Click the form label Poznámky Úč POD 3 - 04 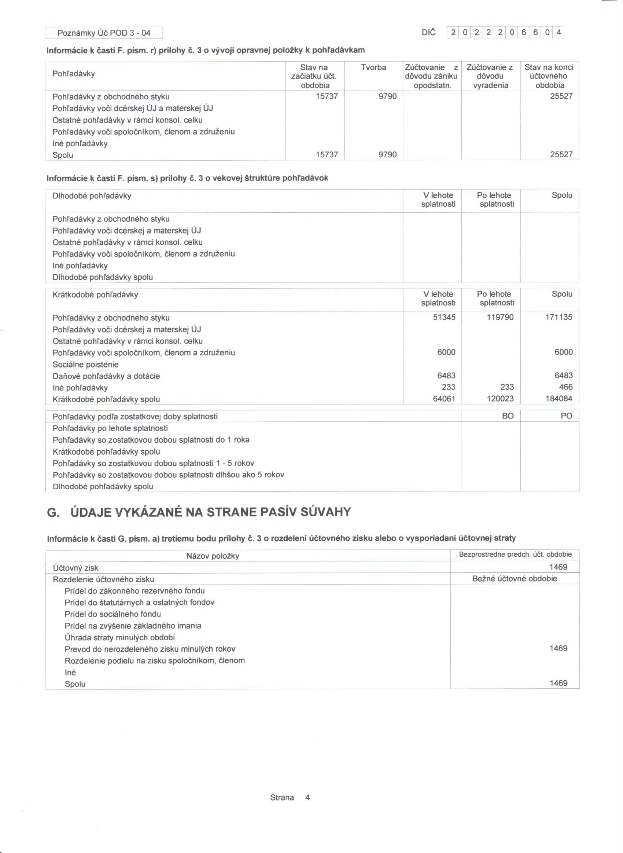[x=104, y=33]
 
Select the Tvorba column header [x=373, y=67]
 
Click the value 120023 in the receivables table [x=500, y=399]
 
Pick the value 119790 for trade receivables [x=500, y=317]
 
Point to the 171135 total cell [x=559, y=317]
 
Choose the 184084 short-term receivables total [x=559, y=399]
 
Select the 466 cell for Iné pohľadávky [x=566, y=387]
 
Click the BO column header [x=508, y=416]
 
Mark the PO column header [x=567, y=416]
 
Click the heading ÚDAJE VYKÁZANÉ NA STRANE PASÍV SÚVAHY [x=211, y=512]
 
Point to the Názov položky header [x=213, y=556]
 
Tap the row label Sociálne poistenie [x=86, y=365]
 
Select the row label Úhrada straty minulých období [x=119, y=638]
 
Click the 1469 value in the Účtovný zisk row [x=558, y=567]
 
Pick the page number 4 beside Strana [x=307, y=798]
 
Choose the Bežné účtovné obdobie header [x=515, y=579]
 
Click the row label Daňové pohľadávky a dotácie [x=106, y=376]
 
